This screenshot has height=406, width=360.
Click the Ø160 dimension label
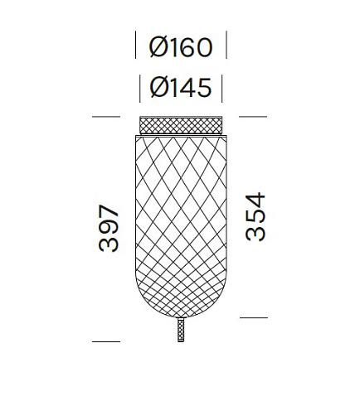point(180,47)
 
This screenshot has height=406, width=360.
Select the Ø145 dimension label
point(180,85)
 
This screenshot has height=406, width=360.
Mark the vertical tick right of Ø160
point(226,46)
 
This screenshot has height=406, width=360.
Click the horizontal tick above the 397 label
point(106,118)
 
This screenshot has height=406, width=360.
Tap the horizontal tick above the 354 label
point(254,118)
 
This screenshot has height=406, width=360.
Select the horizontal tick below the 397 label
point(106,341)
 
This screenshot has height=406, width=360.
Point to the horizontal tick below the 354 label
point(254,317)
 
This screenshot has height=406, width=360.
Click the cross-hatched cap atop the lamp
point(180,125)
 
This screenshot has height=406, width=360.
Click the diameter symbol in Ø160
point(159,47)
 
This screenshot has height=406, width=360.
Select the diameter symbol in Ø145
point(159,85)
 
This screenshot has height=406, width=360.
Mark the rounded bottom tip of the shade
point(180,316)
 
